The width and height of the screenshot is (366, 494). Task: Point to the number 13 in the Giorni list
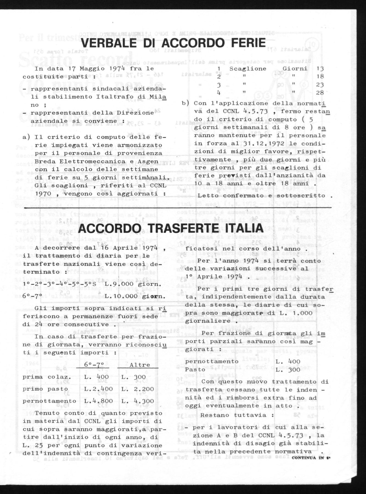pos(320,69)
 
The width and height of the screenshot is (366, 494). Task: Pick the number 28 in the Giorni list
pos(320,92)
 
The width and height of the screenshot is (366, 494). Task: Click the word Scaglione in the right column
pos(248,69)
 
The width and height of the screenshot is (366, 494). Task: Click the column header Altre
pos(140,365)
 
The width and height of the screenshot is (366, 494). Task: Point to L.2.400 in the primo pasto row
pos(97,389)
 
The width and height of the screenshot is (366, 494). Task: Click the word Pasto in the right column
pos(195,370)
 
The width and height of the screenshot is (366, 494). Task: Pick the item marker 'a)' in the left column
pos(27,137)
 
